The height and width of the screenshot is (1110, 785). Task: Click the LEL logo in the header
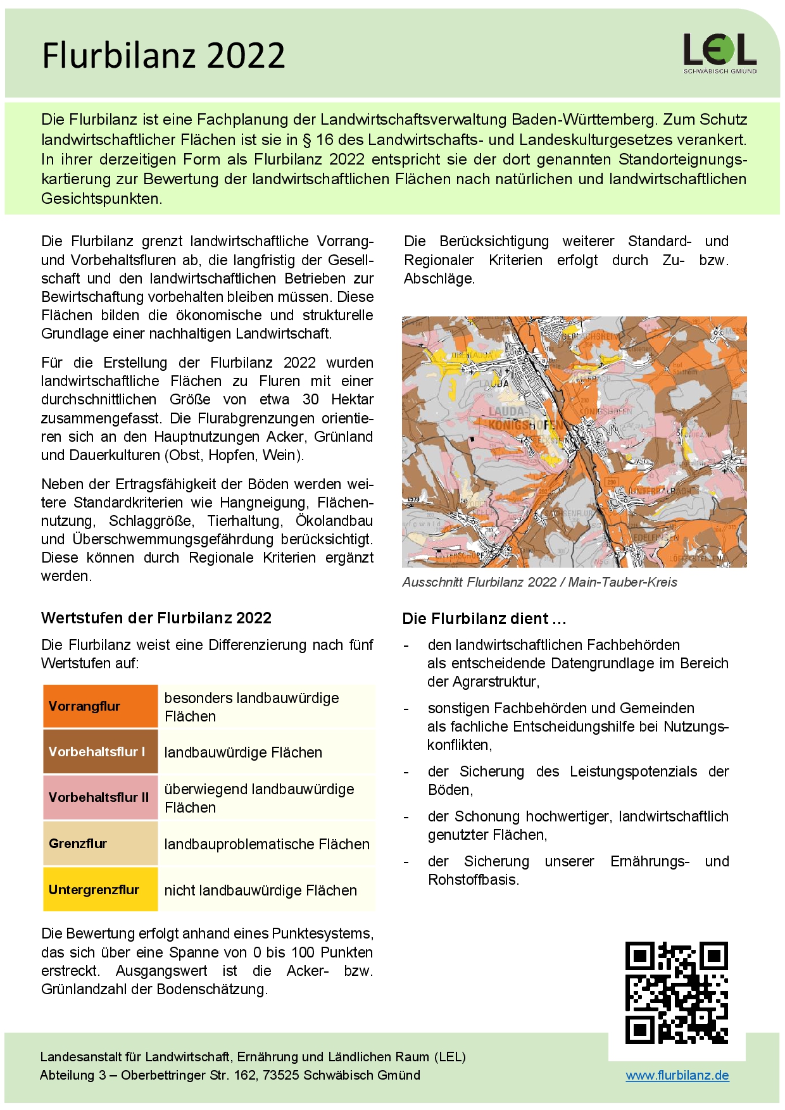720,53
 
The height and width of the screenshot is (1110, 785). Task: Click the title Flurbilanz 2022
163,56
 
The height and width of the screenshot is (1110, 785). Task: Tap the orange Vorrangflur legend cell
100,706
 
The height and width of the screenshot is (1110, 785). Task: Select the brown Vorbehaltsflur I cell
100,752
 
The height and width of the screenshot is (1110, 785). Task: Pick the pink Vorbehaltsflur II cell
100,797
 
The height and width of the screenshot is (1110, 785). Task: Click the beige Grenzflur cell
100,844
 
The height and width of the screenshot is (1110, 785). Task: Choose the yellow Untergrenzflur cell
100,890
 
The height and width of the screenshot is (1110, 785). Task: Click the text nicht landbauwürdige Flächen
260,890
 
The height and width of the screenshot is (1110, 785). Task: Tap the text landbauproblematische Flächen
267,844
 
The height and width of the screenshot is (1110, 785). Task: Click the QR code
676,992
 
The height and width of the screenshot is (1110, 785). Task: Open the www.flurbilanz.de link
677,1075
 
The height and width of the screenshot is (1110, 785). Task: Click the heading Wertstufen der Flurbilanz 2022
156,618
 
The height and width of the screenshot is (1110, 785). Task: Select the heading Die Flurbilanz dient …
484,618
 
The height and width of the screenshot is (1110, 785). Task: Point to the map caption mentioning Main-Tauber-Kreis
539,582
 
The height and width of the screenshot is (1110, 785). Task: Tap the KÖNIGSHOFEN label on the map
525,425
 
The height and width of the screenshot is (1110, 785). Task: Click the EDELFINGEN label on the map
656,537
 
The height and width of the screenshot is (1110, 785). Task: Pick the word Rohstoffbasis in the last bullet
472,880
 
